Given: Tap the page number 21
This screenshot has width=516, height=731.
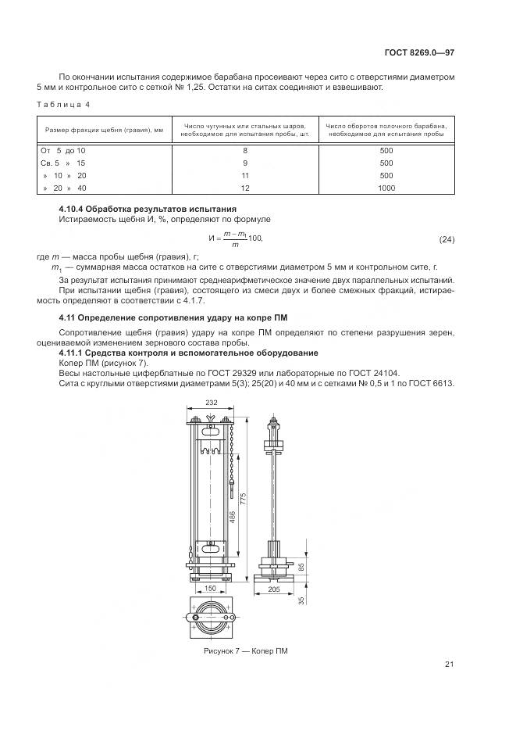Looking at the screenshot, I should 450,665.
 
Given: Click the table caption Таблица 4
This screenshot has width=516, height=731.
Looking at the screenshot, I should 64,103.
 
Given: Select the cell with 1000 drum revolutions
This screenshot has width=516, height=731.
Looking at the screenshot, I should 386,188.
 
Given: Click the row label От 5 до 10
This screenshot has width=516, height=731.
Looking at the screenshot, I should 62,149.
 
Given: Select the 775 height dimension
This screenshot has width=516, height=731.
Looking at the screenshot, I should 244,499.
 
